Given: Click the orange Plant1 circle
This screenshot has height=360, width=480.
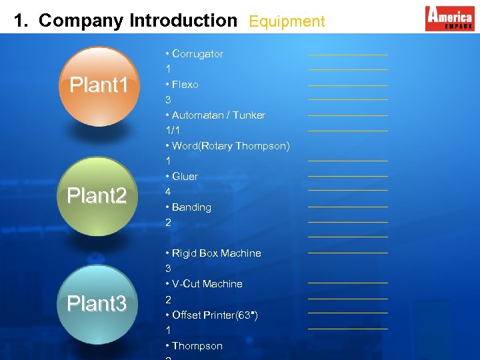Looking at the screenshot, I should (99, 85).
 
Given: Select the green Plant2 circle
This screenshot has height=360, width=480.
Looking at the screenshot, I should (97, 196).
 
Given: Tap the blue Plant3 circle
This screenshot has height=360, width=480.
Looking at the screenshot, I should (97, 304).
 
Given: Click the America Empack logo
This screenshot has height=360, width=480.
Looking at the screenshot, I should (449, 18).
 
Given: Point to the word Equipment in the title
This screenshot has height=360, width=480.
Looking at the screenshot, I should (287, 21).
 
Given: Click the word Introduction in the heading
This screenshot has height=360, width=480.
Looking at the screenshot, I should (183, 21).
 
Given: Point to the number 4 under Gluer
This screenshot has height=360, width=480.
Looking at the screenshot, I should (168, 192).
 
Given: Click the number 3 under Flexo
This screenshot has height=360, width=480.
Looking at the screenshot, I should (168, 100).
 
